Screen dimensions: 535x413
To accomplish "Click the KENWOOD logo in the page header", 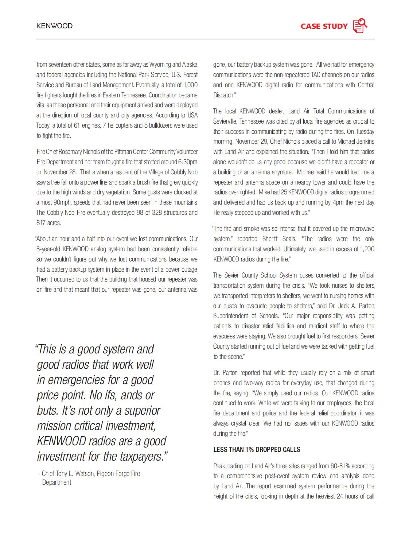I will [x=54, y=26].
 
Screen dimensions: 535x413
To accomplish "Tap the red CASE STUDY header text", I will [x=324, y=26].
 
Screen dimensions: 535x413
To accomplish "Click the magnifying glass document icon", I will [x=360, y=26].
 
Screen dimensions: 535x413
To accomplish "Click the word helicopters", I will [x=119, y=125].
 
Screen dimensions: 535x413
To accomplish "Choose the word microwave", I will [x=359, y=229].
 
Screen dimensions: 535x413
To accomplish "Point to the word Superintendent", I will [x=231, y=316].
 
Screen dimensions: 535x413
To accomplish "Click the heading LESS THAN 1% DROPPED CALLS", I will [x=257, y=450].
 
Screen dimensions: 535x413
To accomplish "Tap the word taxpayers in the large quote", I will [x=141, y=456].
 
